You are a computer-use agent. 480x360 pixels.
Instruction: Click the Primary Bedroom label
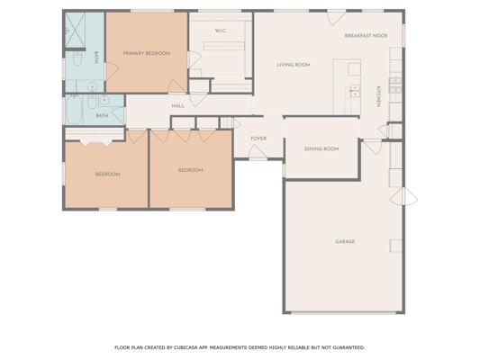pos(147,53)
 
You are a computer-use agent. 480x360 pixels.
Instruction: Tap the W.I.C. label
pos(221,31)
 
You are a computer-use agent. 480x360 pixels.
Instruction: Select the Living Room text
pos(294,65)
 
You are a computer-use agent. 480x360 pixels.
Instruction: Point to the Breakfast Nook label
pos(367,35)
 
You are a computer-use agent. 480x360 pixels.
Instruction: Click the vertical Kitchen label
pos(378,96)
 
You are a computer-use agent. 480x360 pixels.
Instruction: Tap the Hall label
pos(177,106)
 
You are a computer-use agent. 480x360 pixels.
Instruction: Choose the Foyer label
pos(258,139)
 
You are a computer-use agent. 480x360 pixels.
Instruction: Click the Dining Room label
pos(322,149)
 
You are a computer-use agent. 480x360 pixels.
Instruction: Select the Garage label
pos(345,241)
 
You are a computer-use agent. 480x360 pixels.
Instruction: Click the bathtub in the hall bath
pos(74,110)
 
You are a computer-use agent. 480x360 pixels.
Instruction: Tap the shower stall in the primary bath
pos(75,30)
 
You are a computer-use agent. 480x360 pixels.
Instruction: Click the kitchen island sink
pos(355,91)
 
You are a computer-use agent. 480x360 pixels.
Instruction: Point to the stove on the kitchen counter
pos(395,85)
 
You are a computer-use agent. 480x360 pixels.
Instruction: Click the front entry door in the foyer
pos(258,152)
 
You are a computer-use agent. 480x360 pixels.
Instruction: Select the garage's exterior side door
pos(403,196)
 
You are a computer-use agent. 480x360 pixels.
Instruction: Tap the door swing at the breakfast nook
pos(337,17)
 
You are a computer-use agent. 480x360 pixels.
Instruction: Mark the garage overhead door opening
pos(343,312)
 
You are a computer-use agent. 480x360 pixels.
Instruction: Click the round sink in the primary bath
pos(92,87)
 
